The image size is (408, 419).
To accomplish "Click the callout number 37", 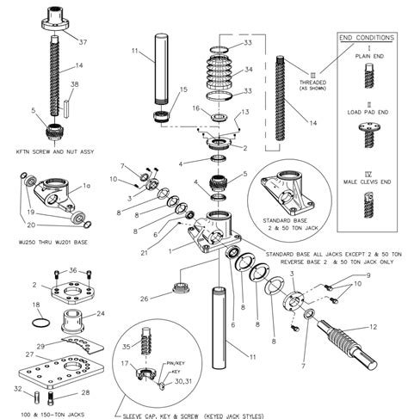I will pyautogui.click(x=83, y=42).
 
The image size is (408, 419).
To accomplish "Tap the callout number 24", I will pyautogui.click(x=100, y=313).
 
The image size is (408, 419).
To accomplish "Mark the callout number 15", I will pyautogui.click(x=182, y=89).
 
